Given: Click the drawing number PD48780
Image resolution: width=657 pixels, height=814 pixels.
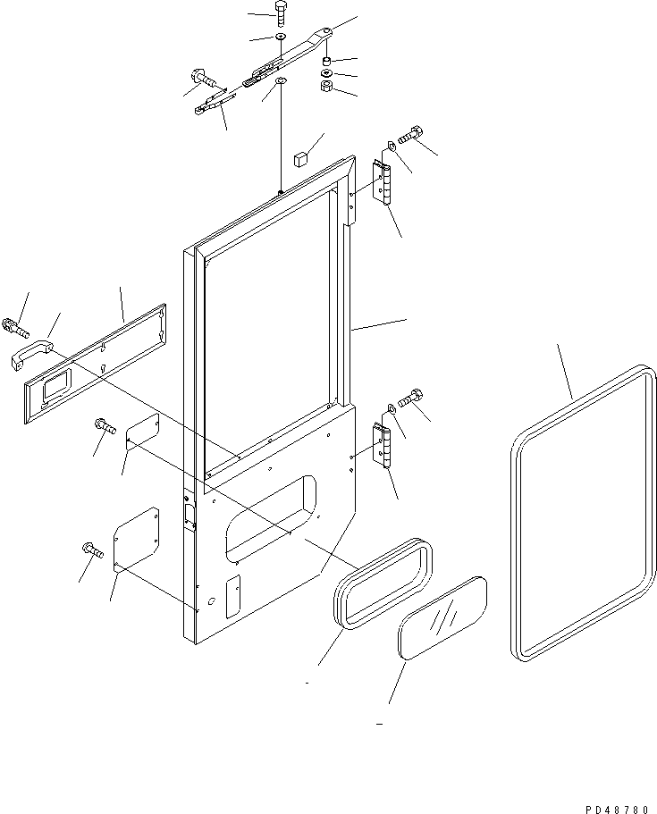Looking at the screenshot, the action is [x=617, y=810].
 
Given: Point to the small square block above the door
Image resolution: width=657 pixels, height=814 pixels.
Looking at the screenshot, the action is [x=300, y=158].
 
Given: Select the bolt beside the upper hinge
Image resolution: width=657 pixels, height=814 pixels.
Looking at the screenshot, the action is [x=411, y=135].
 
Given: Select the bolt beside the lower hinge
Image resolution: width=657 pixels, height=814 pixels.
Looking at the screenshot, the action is [x=411, y=398].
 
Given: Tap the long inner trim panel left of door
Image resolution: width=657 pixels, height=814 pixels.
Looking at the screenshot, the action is [x=96, y=364].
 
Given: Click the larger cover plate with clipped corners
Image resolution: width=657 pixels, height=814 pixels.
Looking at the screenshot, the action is [x=136, y=540].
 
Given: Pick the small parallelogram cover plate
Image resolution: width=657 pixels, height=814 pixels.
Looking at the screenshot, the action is [x=143, y=432].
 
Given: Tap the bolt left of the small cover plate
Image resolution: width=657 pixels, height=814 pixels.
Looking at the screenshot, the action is [x=105, y=425].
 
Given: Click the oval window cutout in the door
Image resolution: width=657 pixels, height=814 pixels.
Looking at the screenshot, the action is [x=271, y=518].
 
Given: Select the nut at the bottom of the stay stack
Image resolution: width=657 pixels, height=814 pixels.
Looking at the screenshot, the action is [x=326, y=86].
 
